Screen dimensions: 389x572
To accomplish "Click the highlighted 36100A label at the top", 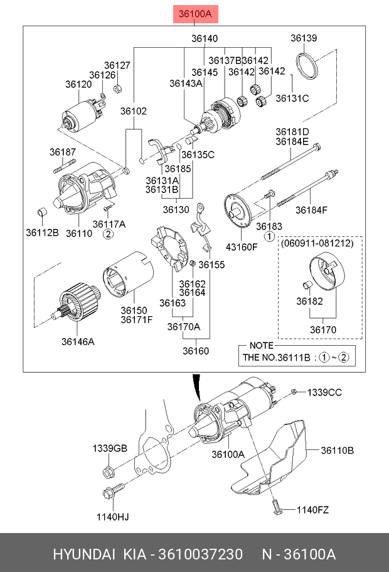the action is click(195, 14).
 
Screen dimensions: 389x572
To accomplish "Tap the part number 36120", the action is click(78, 84).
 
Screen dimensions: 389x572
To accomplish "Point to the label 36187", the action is click(63, 151).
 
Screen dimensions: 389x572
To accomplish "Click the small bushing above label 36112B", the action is click(43, 212).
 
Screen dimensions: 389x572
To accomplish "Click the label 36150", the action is click(134, 311).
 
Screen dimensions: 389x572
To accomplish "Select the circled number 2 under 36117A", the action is click(108, 234).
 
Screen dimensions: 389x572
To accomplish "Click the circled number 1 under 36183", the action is click(269, 236).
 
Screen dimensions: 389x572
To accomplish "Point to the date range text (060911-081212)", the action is click(317, 243).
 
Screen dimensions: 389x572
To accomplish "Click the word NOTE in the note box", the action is click(262, 346).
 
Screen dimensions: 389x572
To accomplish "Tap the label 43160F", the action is click(242, 247).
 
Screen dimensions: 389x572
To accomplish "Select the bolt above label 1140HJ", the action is click(114, 491).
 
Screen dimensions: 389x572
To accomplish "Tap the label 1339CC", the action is click(324, 392).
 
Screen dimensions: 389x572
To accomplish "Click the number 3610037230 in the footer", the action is click(200, 554).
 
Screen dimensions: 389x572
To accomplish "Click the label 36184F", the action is click(311, 210).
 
